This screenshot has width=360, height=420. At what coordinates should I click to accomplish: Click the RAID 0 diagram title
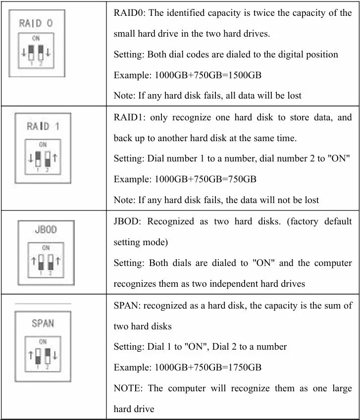[36, 23]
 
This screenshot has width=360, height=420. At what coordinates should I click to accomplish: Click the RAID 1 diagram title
[43, 126]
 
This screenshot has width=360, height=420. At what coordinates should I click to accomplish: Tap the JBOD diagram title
[46, 230]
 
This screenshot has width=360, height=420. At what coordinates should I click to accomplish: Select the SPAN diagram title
[43, 323]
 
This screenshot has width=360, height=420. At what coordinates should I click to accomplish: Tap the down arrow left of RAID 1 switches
[30, 158]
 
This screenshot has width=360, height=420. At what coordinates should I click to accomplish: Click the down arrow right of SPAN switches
[55, 355]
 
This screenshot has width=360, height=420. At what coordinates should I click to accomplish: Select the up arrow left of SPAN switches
[30, 355]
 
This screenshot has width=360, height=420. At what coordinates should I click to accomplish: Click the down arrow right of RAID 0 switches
[49, 52]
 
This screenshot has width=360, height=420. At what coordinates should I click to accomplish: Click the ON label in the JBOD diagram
[46, 247]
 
